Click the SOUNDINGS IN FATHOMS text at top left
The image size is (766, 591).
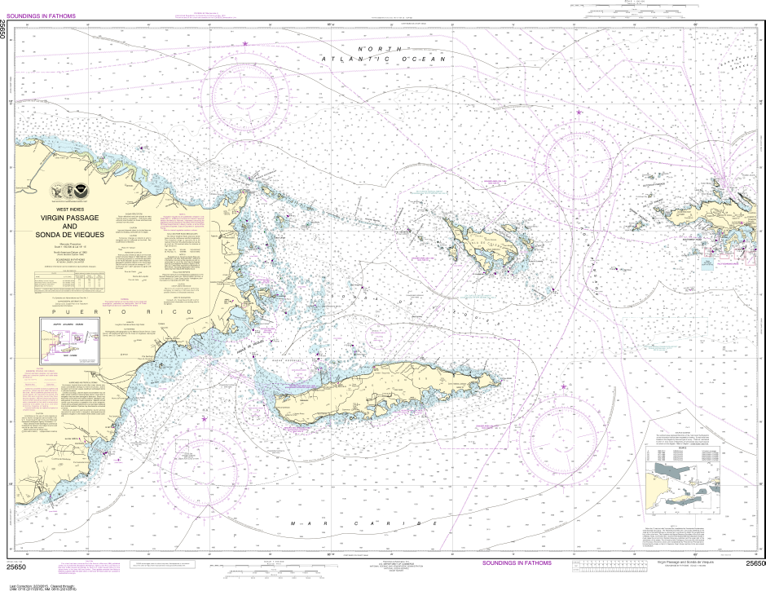[51, 12]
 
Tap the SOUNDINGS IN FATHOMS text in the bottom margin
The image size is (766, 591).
[516, 563]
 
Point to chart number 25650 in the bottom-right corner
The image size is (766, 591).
[755, 563]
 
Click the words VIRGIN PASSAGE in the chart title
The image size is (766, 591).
[75, 218]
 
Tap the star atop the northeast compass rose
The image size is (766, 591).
[579, 112]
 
